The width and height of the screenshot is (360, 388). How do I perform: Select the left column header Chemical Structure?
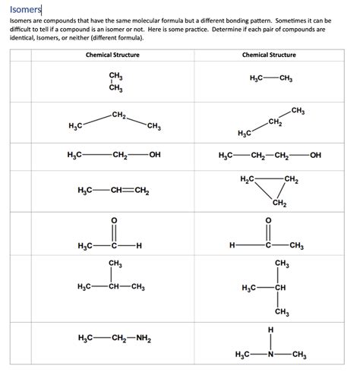(112, 55)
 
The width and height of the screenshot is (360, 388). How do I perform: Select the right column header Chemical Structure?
(269, 55)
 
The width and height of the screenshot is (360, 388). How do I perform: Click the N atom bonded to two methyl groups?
(270, 355)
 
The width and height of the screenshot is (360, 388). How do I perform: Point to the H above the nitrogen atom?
(270, 330)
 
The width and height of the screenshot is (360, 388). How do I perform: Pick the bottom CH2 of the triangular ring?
(279, 203)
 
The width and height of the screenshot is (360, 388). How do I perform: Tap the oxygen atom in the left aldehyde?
(114, 221)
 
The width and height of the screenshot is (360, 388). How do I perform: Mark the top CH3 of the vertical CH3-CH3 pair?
(116, 77)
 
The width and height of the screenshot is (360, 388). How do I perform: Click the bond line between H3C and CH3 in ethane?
(270, 79)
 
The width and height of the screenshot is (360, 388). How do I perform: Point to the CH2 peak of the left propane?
(118, 115)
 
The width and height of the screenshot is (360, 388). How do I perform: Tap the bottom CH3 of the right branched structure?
(283, 311)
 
